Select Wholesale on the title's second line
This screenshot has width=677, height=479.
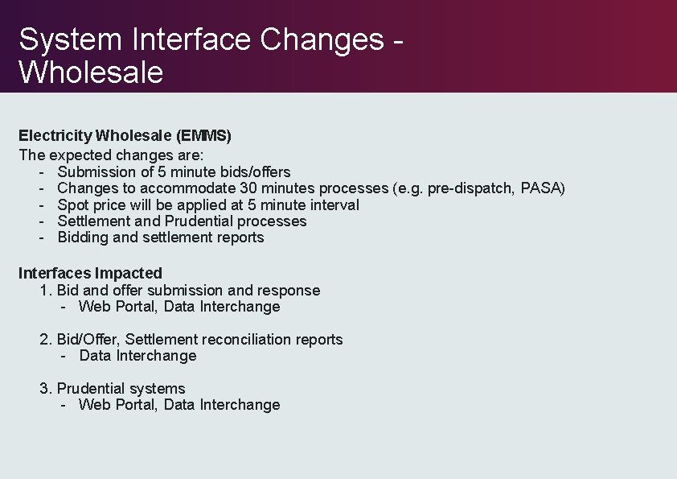click(91, 72)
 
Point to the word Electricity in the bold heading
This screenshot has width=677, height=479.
click(55, 136)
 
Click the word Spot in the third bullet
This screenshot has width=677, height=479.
click(73, 204)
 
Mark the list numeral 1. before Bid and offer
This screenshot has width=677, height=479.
click(46, 291)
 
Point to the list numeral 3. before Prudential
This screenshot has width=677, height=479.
click(46, 389)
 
